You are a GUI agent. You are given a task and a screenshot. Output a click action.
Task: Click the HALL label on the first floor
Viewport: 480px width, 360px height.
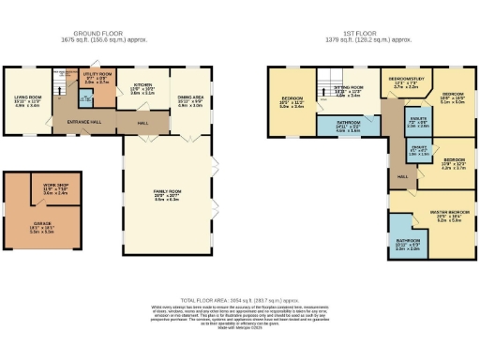(401, 176)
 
